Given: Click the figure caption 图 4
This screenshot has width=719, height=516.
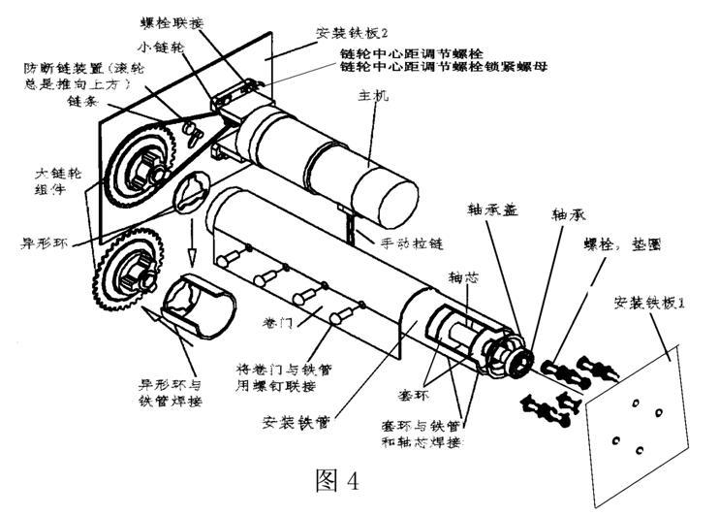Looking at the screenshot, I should (338, 480).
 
